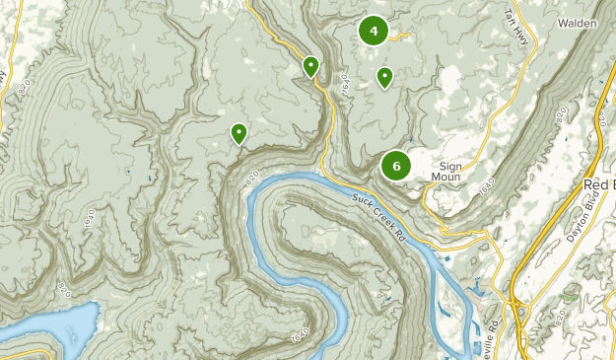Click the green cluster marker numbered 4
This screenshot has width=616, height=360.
(374, 31)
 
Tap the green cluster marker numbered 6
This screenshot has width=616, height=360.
(396, 166)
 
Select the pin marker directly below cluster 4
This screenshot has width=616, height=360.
(384, 77)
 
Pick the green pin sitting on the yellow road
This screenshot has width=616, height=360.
(310, 66)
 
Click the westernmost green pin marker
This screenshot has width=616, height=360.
(239, 133)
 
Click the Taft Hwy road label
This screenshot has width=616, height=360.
(515, 31)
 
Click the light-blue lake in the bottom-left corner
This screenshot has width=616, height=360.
(49, 325)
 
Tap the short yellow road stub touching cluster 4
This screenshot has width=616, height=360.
(398, 36)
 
